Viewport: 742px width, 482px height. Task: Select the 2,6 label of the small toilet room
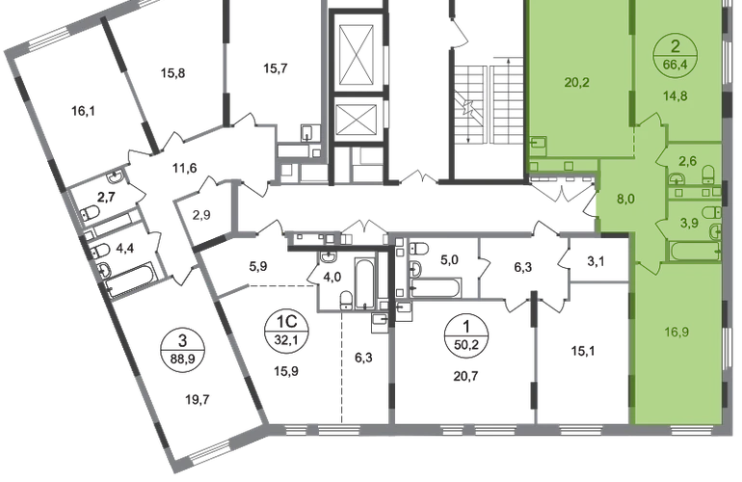click(688, 162)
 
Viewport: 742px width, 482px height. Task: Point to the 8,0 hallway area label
click(625, 201)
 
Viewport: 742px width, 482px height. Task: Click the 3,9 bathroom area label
click(688, 223)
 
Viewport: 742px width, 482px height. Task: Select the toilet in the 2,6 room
click(707, 174)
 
